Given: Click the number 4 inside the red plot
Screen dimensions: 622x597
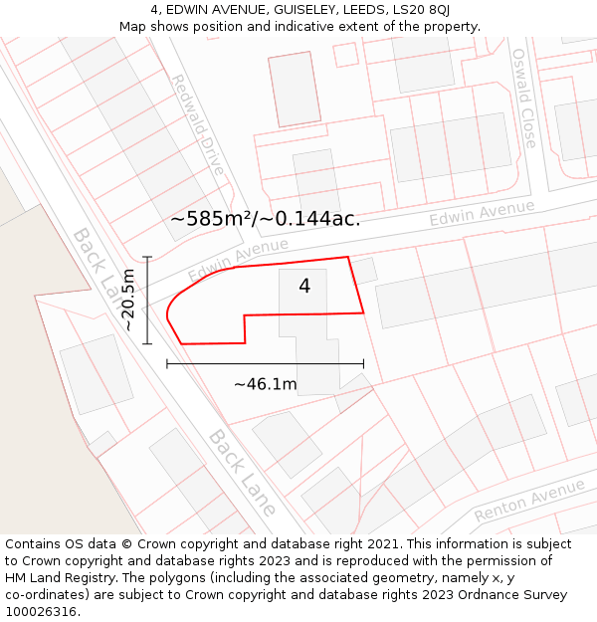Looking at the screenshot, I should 304,287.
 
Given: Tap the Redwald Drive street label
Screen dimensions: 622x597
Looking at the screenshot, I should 198,125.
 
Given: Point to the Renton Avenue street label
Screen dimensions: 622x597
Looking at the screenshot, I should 529,500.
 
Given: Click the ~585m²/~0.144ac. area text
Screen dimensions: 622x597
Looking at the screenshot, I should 265,219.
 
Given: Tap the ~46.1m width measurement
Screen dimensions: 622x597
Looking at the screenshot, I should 266,384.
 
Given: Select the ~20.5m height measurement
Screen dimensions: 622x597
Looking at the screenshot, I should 129,300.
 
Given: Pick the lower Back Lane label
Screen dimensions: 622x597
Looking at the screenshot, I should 242,472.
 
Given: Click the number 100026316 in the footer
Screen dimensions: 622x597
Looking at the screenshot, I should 43,611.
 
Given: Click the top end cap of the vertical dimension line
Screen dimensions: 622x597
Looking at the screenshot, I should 147,257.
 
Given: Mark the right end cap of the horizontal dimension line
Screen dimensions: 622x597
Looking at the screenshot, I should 363,364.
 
